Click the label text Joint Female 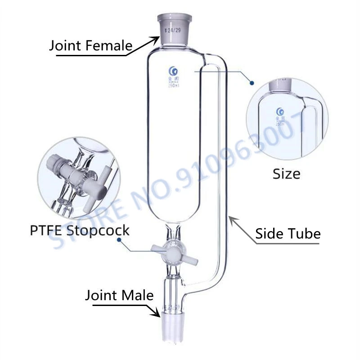pyautogui.click(x=90, y=45)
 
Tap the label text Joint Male pyautogui.click(x=119, y=296)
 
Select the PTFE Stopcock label pyautogui.click(x=80, y=230)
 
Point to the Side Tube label pyautogui.click(x=288, y=234)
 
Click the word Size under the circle pyautogui.click(x=286, y=173)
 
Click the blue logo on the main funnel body pyautogui.click(x=171, y=70)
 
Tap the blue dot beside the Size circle pyautogui.click(x=252, y=83)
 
